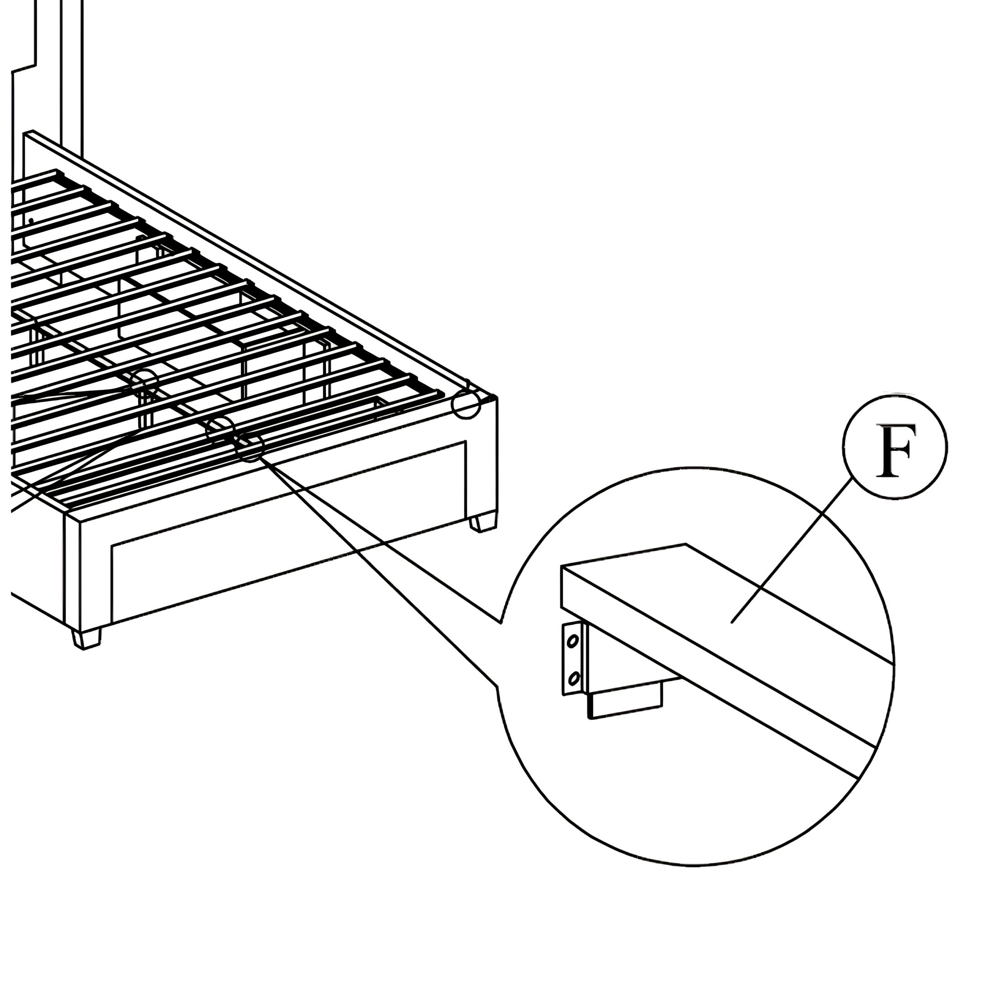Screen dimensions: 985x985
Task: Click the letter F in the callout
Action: (x=895, y=451)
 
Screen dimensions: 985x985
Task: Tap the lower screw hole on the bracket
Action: (x=573, y=679)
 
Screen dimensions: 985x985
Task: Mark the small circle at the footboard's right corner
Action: (x=466, y=404)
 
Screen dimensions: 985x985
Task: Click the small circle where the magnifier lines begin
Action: (x=249, y=447)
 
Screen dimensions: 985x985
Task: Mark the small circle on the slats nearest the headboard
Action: (x=143, y=384)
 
